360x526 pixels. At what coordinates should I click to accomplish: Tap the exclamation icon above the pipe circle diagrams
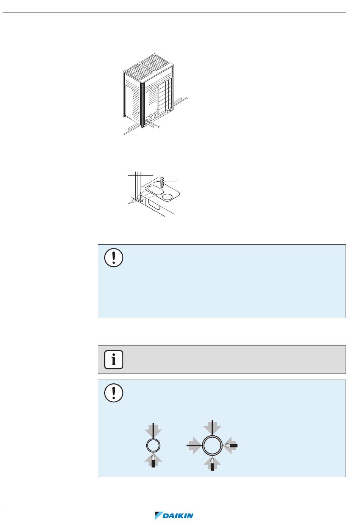[x=114, y=393]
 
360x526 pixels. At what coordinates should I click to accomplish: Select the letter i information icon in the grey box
[x=114, y=359]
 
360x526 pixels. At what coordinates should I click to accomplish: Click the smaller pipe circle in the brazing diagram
[x=153, y=445]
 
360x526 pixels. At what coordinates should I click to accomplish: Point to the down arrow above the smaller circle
[x=153, y=430]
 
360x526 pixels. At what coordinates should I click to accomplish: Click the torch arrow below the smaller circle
[x=153, y=460]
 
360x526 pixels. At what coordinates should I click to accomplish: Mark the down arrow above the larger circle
[x=212, y=427]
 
